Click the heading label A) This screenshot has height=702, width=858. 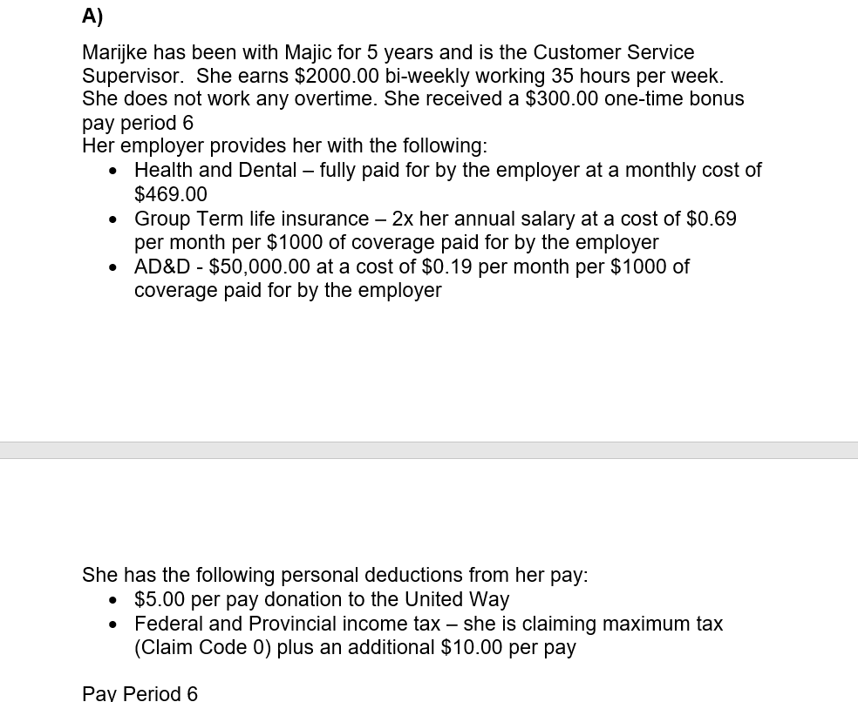92,16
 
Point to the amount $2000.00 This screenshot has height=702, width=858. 336,77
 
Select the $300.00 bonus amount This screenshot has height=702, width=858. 562,99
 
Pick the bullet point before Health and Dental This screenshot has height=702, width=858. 113,171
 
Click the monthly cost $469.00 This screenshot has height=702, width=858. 171,194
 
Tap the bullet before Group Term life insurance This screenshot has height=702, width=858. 113,219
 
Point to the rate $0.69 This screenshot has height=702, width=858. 712,219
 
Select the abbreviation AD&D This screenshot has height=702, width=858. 162,267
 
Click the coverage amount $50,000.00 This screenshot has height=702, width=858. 260,267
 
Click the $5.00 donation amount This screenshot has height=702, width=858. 160,600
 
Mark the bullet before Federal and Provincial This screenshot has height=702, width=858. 113,624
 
